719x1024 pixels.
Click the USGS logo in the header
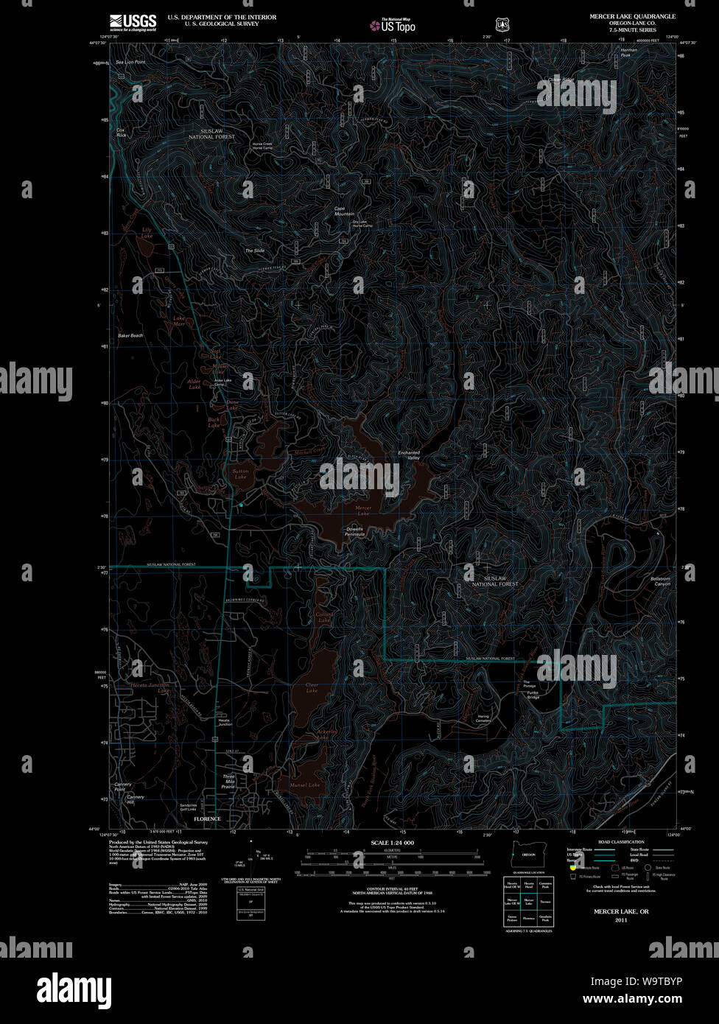(133, 23)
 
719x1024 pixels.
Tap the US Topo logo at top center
(393, 25)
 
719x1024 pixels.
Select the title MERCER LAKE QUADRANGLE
(632, 16)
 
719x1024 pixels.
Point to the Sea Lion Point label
(130, 63)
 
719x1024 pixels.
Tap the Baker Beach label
(130, 336)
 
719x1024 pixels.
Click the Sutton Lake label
(240, 474)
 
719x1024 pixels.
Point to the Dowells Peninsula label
(355, 531)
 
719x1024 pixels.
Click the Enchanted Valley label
(409, 455)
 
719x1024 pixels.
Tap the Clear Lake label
(312, 688)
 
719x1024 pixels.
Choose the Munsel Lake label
(305, 785)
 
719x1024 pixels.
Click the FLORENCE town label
(207, 819)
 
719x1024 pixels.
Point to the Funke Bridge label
(533, 692)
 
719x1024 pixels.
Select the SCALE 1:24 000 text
(392, 842)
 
